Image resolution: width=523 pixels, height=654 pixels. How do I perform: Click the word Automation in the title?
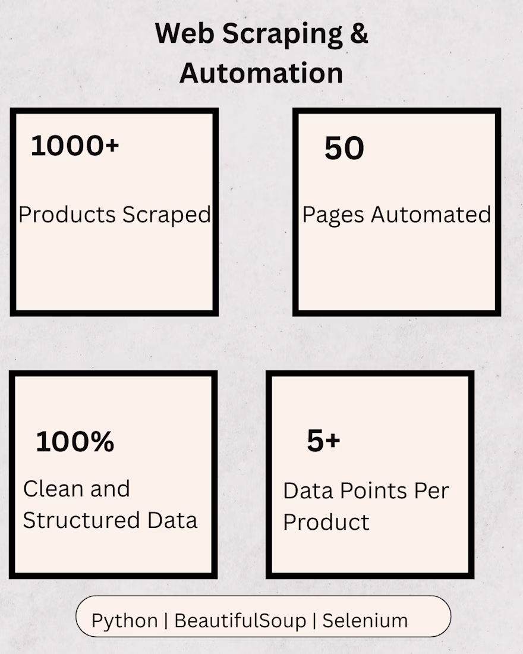point(261,73)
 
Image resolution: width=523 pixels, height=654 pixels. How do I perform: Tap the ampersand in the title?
point(359,33)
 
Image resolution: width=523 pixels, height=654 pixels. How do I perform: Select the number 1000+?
point(75,146)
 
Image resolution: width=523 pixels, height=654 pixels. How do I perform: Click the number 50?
point(344,148)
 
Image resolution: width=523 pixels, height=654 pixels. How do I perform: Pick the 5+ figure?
point(324,441)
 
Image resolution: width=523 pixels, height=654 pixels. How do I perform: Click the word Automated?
point(431,215)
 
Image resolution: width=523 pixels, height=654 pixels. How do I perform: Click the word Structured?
point(81,520)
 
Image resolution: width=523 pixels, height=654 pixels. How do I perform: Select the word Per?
point(431,491)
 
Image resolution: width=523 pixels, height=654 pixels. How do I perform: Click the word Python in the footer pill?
point(125,621)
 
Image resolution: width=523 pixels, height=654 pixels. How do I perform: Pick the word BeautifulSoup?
point(240,621)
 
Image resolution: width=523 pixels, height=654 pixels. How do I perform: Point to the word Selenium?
point(365,621)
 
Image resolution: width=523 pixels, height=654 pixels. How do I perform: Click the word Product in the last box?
point(326,522)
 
